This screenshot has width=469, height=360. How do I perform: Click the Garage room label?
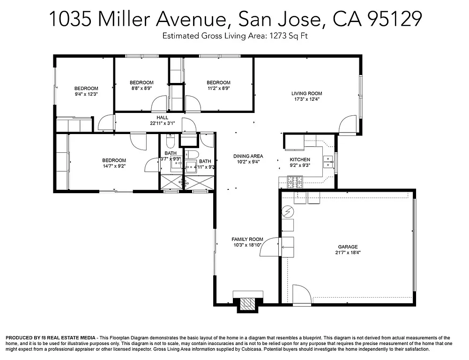click(x=348, y=247)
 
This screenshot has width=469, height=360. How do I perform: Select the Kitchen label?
click(x=300, y=160)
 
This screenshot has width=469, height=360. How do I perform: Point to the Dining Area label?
click(x=248, y=156)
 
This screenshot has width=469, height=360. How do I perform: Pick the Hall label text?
click(x=162, y=118)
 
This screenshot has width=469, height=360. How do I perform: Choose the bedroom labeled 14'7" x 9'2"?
click(x=114, y=165)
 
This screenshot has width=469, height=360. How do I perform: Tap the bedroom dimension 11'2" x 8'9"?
click(x=218, y=88)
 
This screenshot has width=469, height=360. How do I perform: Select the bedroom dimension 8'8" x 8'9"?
click(x=141, y=88)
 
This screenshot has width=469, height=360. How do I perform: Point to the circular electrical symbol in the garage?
click(x=287, y=212)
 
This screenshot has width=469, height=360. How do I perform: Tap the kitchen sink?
click(x=328, y=161)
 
